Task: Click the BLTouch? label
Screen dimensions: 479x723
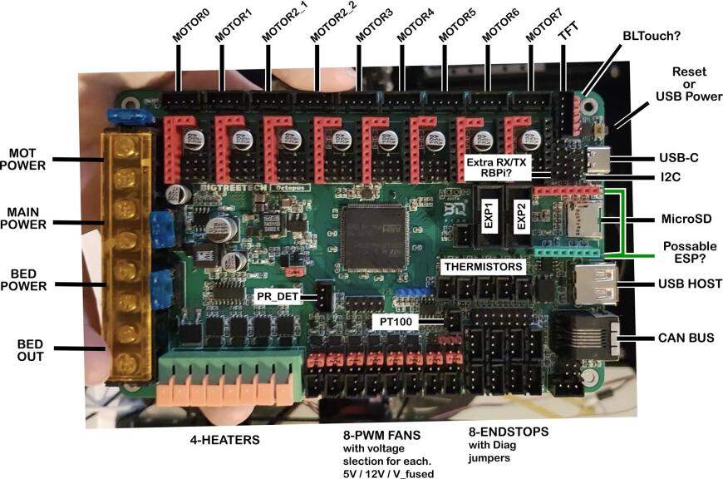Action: (x=652, y=37)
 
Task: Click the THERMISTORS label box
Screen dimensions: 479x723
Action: (x=483, y=268)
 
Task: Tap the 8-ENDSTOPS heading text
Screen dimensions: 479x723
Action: (x=508, y=433)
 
